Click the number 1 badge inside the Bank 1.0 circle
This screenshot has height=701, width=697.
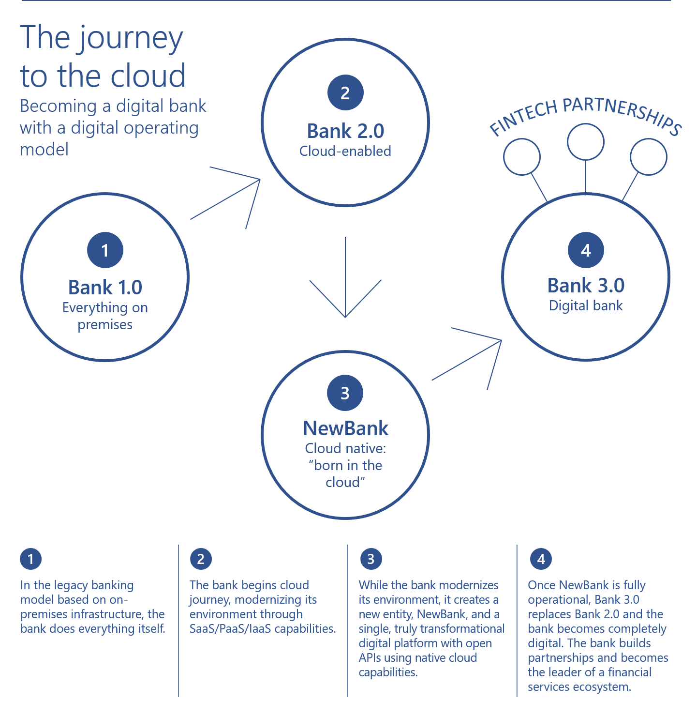coord(105,250)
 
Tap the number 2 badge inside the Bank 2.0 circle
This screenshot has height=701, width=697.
coord(345,92)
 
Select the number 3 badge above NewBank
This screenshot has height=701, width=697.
coord(345,393)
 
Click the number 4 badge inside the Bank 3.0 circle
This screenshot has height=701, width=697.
coord(586,250)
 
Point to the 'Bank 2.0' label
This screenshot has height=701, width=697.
coord(345,131)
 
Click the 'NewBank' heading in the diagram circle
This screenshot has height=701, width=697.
coord(345,428)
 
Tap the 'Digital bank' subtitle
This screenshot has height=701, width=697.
coord(586,305)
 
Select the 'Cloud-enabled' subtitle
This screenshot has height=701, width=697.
coord(345,151)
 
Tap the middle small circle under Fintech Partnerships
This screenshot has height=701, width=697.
coord(585,142)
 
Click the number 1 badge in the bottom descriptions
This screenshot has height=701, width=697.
coord(30,559)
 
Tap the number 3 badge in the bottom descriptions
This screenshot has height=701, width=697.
coord(371,559)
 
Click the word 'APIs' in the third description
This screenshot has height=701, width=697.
coord(370,658)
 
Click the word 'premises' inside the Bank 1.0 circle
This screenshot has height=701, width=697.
coord(105,325)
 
